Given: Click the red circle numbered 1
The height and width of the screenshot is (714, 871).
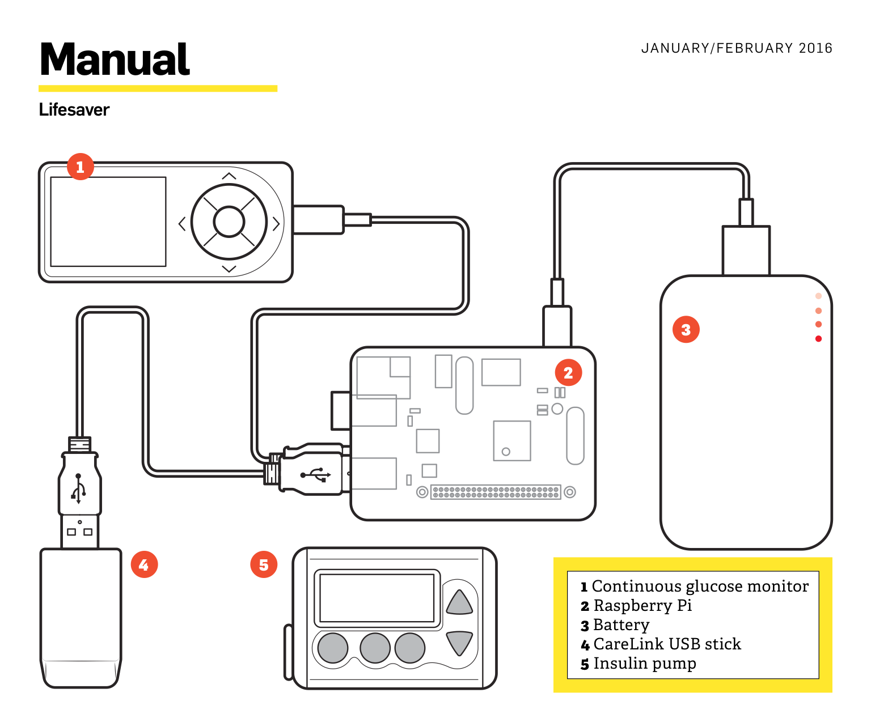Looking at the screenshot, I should click(80, 167).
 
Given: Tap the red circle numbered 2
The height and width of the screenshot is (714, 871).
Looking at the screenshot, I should click(568, 372).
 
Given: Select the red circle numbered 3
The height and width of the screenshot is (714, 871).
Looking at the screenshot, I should click(686, 329).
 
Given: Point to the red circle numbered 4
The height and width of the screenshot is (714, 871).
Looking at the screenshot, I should click(144, 564).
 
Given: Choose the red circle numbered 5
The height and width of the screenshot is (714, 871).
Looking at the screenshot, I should click(264, 564).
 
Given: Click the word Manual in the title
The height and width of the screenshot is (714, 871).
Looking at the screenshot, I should click(115, 59).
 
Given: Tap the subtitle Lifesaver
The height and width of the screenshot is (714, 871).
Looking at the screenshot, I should click(74, 109).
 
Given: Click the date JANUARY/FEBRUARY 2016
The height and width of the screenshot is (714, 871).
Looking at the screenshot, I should click(737, 48).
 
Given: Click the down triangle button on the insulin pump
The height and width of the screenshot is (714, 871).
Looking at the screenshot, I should click(459, 642).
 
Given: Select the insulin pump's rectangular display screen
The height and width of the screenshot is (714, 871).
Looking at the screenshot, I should click(377, 598).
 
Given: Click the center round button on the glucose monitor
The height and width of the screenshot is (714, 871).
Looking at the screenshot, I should click(229, 222).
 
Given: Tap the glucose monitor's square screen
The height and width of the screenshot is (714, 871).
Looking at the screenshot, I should click(108, 222).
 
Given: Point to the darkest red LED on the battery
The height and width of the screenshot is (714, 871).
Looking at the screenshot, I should click(818, 339).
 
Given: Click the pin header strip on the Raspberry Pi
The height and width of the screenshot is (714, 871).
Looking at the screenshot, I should click(496, 492).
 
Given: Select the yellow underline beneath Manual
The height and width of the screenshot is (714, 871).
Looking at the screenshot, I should click(158, 88).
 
